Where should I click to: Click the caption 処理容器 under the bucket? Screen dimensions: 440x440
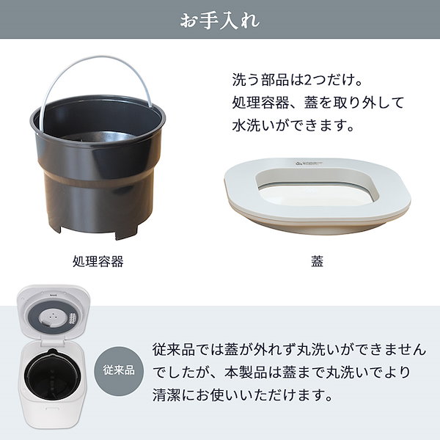click(98, 261)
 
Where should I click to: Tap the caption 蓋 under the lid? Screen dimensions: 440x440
click(317, 261)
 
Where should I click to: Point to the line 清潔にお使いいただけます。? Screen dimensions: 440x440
click(242, 396)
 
